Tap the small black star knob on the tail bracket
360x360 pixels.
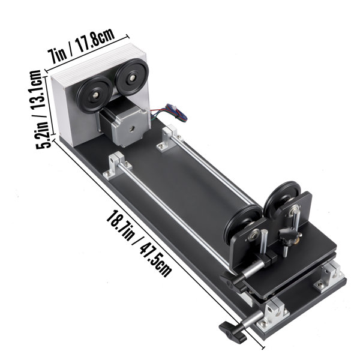(287, 236)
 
